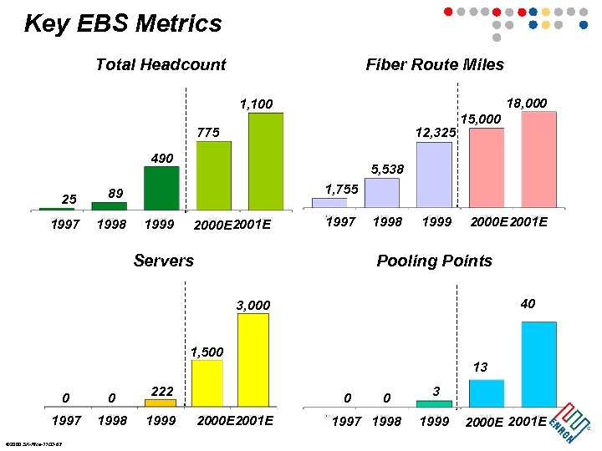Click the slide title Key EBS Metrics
pos(123,23)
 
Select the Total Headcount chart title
pos(161,65)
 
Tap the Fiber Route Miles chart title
pos(435,65)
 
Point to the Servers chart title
pos(164,261)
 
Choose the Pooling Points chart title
pos(434,261)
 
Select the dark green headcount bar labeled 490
pos(161,188)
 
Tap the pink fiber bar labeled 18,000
pos(538,159)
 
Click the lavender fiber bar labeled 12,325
pos(433,175)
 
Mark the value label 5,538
pos(387,170)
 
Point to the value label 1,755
pos(341,190)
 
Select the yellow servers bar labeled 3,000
pos(253,359)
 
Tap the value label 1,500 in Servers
pos(207,352)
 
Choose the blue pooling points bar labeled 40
pos(538,363)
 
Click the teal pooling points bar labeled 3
pos(434,403)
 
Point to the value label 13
pos(480,367)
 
